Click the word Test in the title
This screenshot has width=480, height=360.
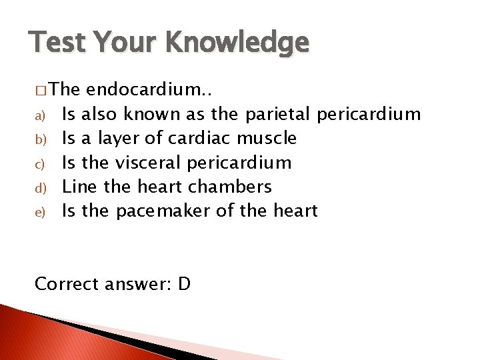(56, 42)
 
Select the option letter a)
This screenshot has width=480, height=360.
(39, 115)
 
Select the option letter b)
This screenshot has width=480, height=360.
(39, 139)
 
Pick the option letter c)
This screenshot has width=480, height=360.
(39, 163)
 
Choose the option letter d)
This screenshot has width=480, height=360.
(39, 187)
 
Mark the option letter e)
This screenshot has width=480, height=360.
(39, 211)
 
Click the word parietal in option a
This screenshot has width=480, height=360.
(278, 115)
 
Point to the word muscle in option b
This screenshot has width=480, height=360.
(266, 139)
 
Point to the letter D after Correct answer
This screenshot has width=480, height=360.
(185, 284)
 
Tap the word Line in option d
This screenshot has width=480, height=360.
(79, 187)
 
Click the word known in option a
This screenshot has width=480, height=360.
(155, 115)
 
